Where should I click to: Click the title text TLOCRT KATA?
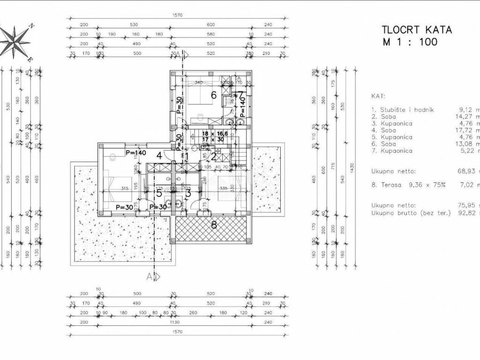[417, 30]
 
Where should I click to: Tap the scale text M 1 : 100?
[410, 42]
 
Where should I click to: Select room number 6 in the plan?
[213, 95]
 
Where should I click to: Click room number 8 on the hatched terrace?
[214, 225]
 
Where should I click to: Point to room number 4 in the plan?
[159, 156]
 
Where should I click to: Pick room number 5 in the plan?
[159, 192]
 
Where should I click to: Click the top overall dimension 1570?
[177, 15]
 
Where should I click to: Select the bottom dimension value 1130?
[177, 323]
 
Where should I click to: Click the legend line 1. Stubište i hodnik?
[402, 110]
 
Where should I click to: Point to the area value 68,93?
[469, 172]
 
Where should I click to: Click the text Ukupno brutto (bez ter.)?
[411, 213]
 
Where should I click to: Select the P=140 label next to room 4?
[136, 152]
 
